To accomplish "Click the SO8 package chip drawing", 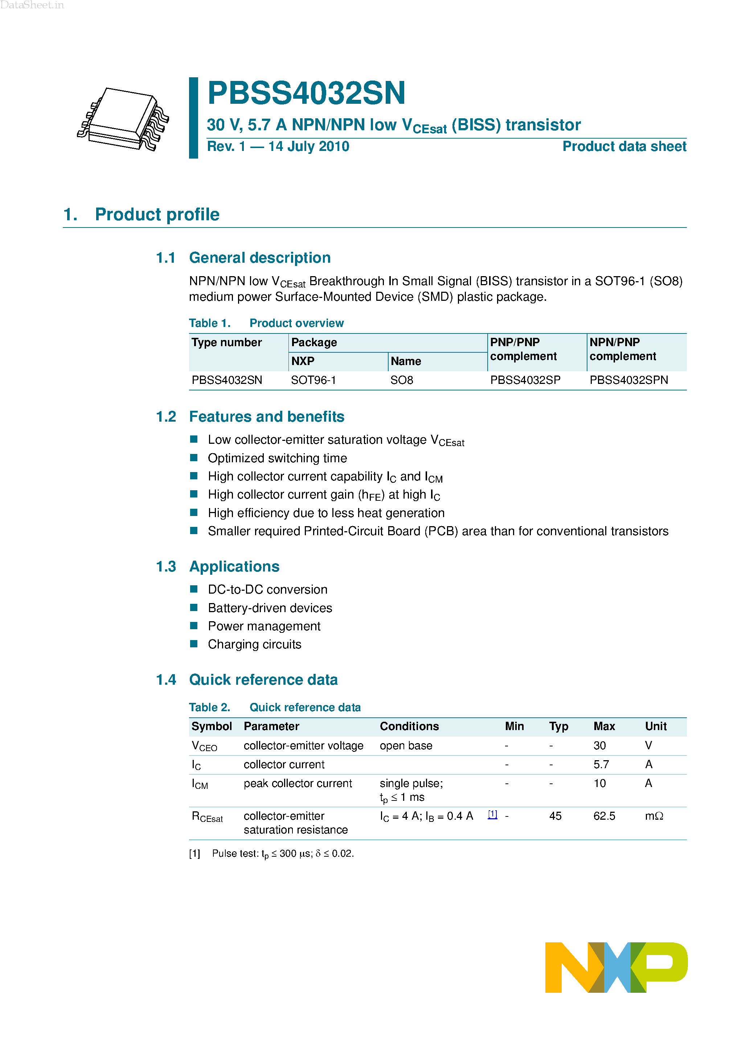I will point(123,119).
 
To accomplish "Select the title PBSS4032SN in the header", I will point(306,93).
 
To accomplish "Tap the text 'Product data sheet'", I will point(624,147).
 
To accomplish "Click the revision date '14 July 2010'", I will point(309,147).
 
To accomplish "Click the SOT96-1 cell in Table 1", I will point(313,380).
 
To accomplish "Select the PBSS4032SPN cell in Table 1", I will point(628,380).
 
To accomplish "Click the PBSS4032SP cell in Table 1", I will point(525,380).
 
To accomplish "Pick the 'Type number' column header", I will point(226,343).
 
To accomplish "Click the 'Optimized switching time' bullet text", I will point(277,458).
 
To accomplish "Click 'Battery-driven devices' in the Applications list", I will point(270,608).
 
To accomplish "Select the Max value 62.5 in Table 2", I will point(604,816).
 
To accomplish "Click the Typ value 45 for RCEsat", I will point(555,816).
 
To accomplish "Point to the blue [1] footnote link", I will point(493,814).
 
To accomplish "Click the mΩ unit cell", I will point(654,816).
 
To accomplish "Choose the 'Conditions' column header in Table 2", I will point(409,726).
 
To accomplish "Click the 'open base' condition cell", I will point(406,745).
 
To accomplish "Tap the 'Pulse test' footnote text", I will point(283,853).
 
